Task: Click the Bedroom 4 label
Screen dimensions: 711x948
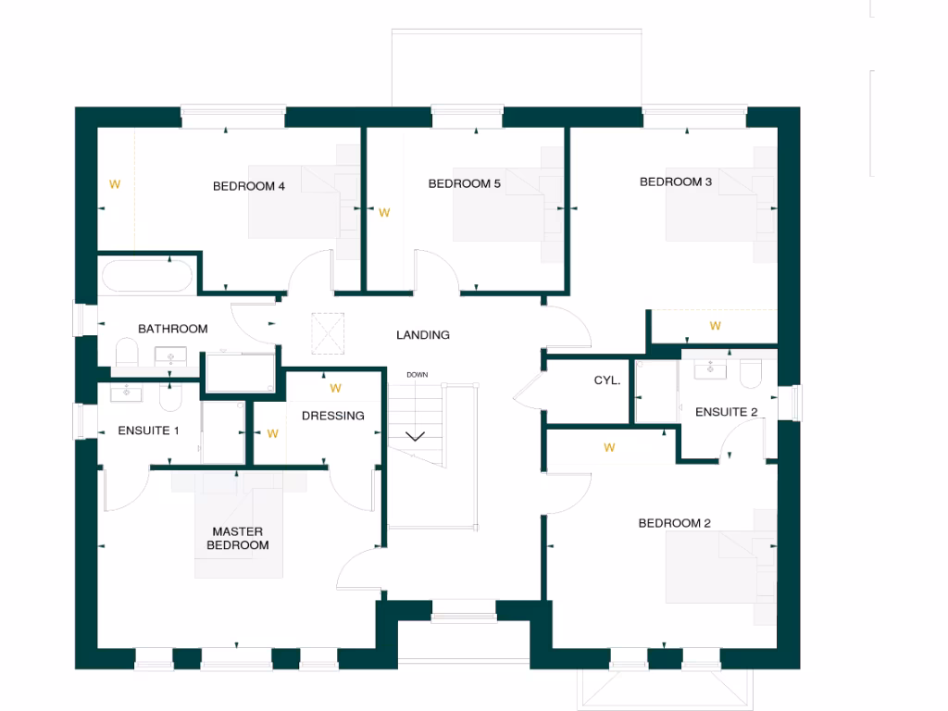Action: click(x=249, y=186)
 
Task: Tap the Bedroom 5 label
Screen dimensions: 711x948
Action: click(x=464, y=183)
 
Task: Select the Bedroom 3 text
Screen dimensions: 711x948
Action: click(x=676, y=181)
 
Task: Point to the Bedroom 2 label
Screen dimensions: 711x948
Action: click(x=674, y=523)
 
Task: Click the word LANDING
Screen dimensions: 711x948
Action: click(x=423, y=335)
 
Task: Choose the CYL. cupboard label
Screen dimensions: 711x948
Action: click(x=607, y=380)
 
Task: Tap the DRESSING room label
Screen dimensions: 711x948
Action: click(x=333, y=416)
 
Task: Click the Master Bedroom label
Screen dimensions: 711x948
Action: click(x=237, y=539)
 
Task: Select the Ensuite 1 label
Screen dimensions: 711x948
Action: click(x=148, y=430)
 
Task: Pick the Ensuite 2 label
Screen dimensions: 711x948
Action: click(x=726, y=412)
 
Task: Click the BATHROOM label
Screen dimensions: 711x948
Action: click(x=172, y=329)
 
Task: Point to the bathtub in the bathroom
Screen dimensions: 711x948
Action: click(x=147, y=276)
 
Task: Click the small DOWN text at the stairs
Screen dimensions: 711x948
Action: click(x=417, y=375)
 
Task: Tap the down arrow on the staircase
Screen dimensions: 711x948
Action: click(x=413, y=436)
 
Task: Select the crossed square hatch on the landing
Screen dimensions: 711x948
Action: click(x=328, y=333)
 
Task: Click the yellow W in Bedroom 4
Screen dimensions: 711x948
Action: click(x=115, y=183)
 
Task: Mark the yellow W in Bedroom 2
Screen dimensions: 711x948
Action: click(x=609, y=447)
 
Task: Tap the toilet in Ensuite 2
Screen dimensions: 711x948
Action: click(x=751, y=372)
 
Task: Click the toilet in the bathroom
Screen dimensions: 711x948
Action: click(x=127, y=353)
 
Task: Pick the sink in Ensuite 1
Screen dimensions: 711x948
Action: click(x=125, y=393)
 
